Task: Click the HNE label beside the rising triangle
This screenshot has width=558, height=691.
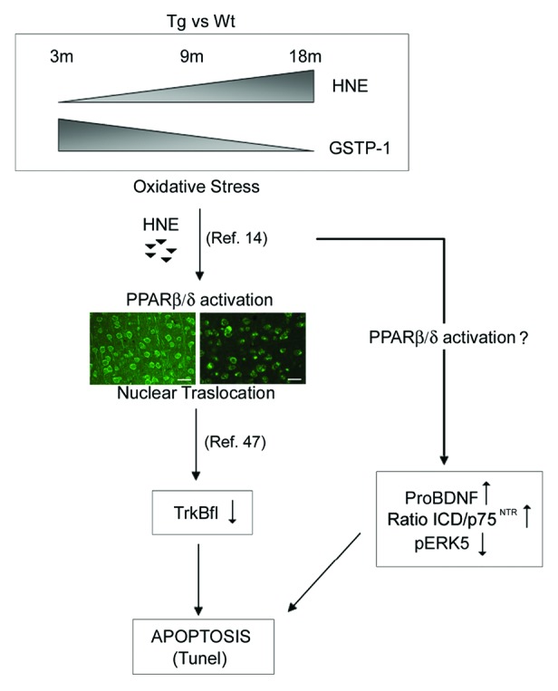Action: pyautogui.click(x=349, y=87)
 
